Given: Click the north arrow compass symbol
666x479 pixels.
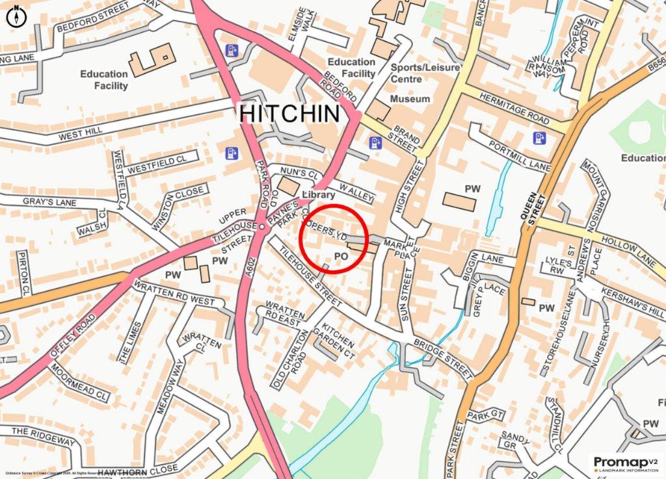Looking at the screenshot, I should click(16, 16).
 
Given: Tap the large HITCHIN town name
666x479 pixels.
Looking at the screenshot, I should click(289, 113).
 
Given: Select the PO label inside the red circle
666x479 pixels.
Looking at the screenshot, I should click(341, 257).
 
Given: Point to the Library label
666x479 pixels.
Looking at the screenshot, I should click(319, 195).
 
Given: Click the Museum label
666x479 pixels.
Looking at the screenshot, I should click(410, 99).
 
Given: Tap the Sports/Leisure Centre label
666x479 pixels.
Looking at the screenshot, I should click(426, 73).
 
